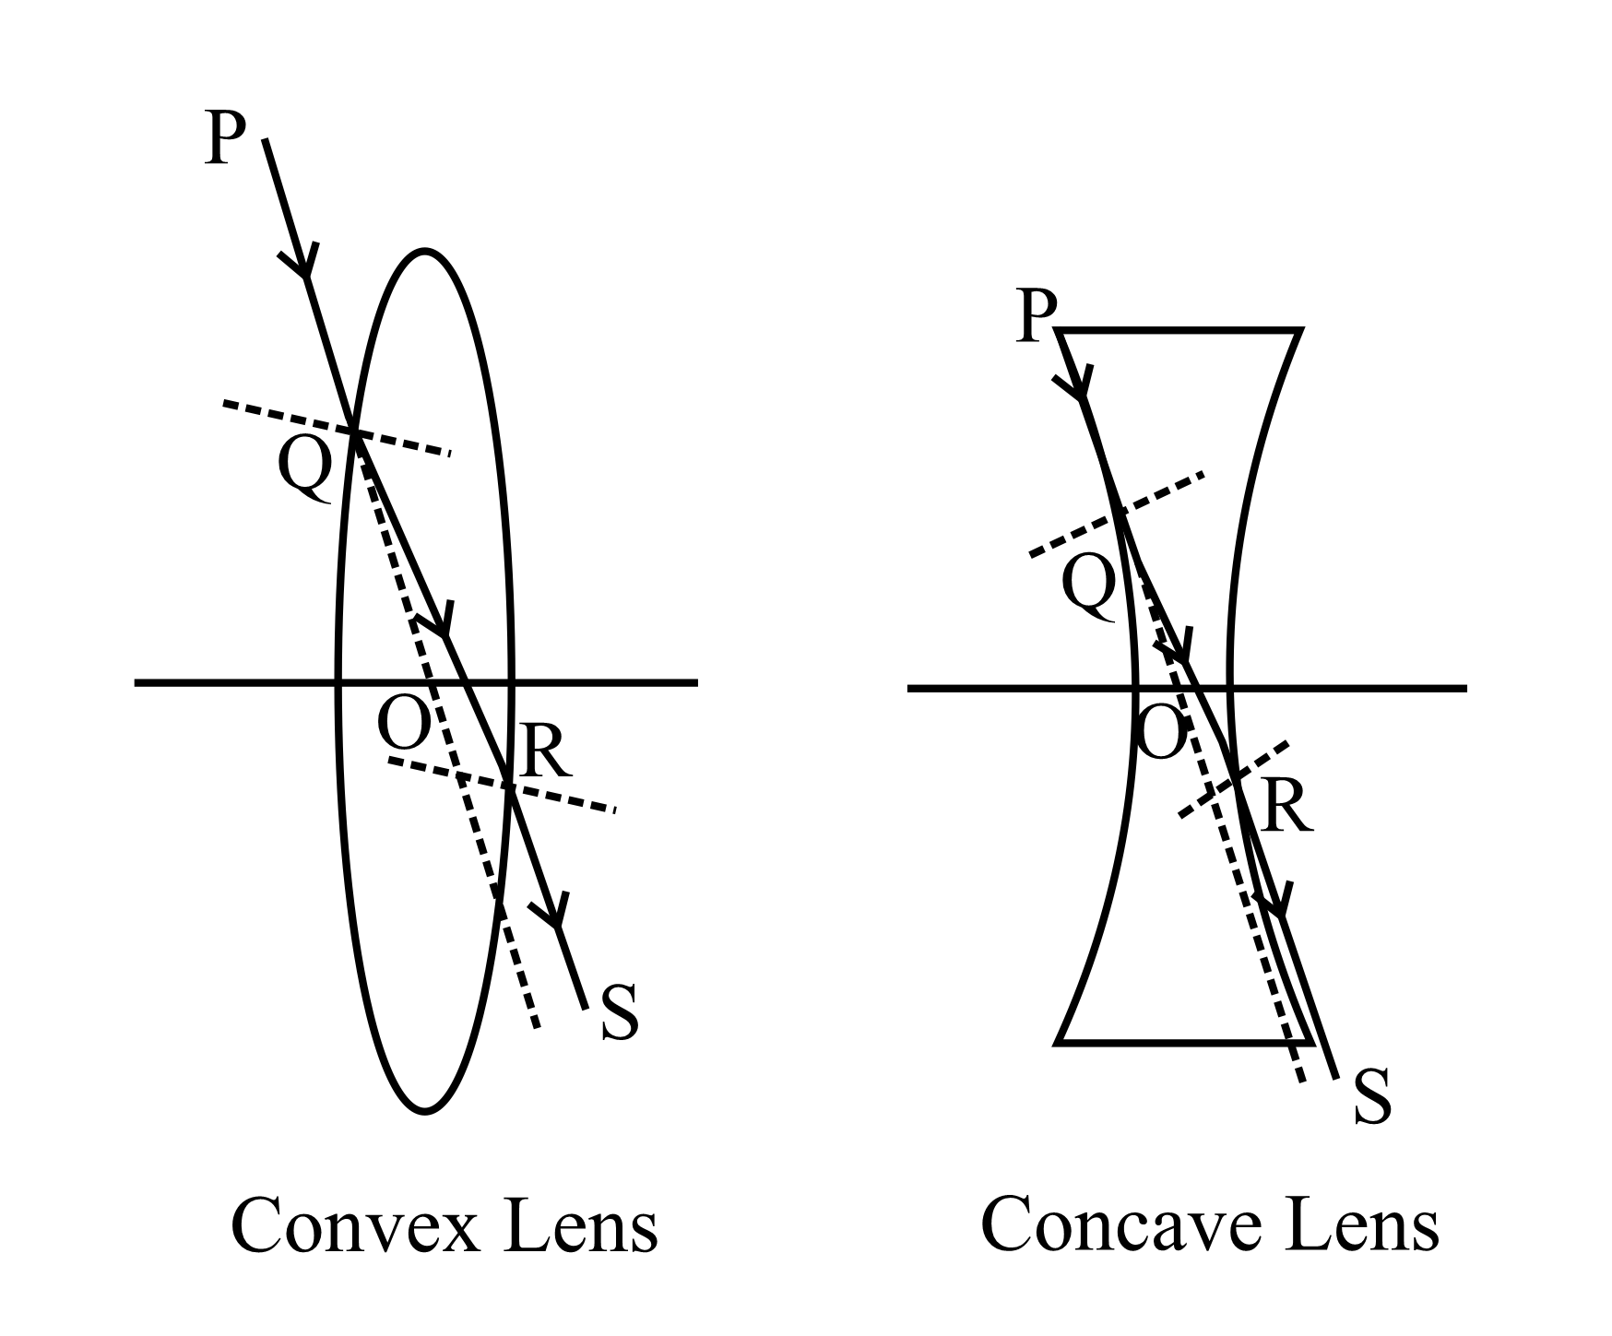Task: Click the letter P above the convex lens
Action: [x=225, y=138]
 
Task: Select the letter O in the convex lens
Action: [x=404, y=723]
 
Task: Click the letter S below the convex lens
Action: [x=620, y=1014]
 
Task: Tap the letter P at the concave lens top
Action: [x=1036, y=317]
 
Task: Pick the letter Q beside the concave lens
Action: [x=1089, y=588]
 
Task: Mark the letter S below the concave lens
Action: [x=1372, y=1097]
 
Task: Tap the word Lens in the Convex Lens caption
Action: [x=581, y=1227]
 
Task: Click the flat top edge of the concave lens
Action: [x=1180, y=329]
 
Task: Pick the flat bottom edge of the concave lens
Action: [x=1180, y=1042]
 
